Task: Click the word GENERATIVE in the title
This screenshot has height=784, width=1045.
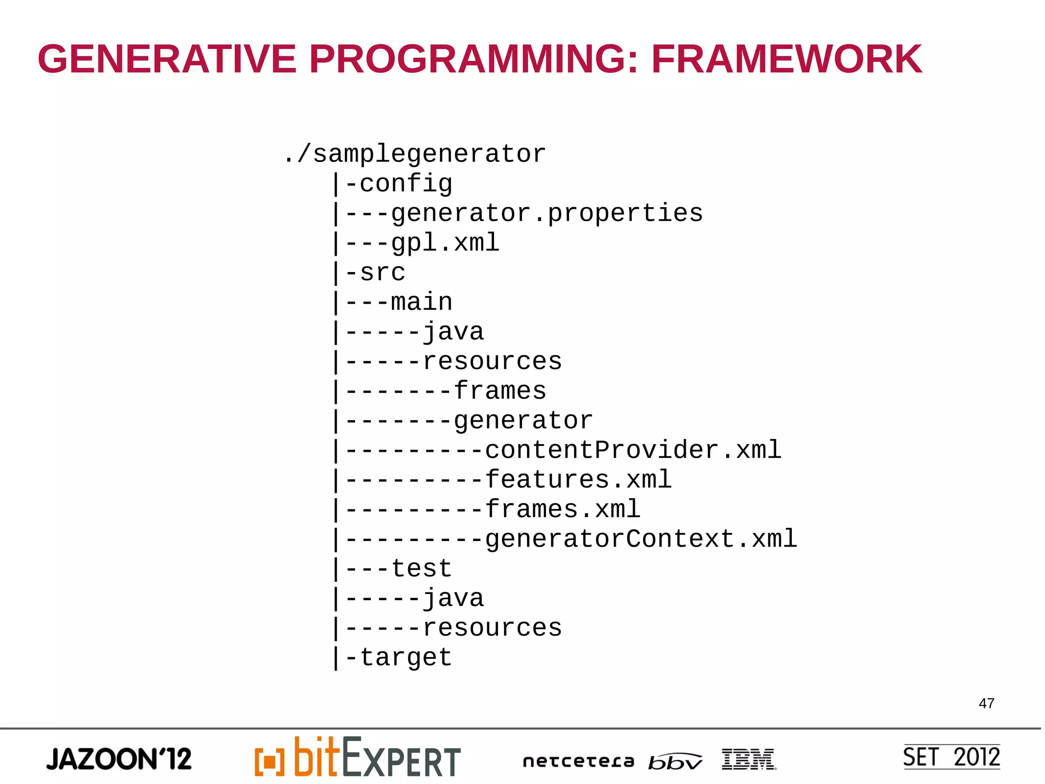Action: (x=167, y=59)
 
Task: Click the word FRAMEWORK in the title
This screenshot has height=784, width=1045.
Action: (x=786, y=59)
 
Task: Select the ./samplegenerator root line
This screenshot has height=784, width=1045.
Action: (x=414, y=154)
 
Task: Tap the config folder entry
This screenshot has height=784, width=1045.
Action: (x=406, y=184)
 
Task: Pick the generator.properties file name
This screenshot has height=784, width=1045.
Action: (x=546, y=213)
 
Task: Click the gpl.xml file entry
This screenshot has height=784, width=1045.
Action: (x=445, y=242)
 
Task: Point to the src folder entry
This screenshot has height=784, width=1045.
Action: (x=382, y=272)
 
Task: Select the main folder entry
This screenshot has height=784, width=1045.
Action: (x=421, y=302)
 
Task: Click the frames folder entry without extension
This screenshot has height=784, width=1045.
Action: (x=500, y=391)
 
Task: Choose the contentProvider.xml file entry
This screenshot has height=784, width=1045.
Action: (x=633, y=450)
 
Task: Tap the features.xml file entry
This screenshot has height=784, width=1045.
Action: (x=578, y=480)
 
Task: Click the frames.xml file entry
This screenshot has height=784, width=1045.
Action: (x=562, y=509)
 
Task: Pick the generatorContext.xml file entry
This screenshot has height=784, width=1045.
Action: (x=640, y=539)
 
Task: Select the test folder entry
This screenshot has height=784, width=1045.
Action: (x=421, y=569)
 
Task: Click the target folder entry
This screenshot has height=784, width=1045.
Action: (x=406, y=657)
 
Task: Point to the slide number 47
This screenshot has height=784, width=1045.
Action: (x=986, y=703)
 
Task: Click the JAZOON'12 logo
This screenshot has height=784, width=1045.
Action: (x=119, y=759)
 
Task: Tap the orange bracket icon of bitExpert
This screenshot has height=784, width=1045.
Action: (x=269, y=762)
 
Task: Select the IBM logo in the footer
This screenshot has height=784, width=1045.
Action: (x=749, y=759)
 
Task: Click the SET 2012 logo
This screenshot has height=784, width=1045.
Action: (x=951, y=757)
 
